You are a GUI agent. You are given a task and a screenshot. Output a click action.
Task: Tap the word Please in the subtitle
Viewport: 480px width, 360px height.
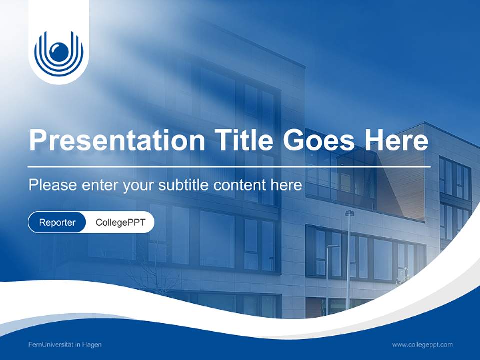[x=51, y=185]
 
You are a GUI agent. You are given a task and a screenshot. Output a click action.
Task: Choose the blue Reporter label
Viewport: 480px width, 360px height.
[x=57, y=222]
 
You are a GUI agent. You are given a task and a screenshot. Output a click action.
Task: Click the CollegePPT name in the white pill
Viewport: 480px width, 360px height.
[x=120, y=222]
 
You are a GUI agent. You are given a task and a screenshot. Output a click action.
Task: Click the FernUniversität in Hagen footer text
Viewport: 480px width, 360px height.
[x=65, y=344]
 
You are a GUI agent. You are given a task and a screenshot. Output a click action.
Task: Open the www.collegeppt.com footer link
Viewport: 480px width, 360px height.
[x=422, y=344]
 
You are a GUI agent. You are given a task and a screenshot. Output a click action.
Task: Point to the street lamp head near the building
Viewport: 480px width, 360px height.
[x=349, y=213]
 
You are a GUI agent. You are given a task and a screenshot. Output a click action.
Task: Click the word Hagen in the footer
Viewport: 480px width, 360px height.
[x=92, y=344]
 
